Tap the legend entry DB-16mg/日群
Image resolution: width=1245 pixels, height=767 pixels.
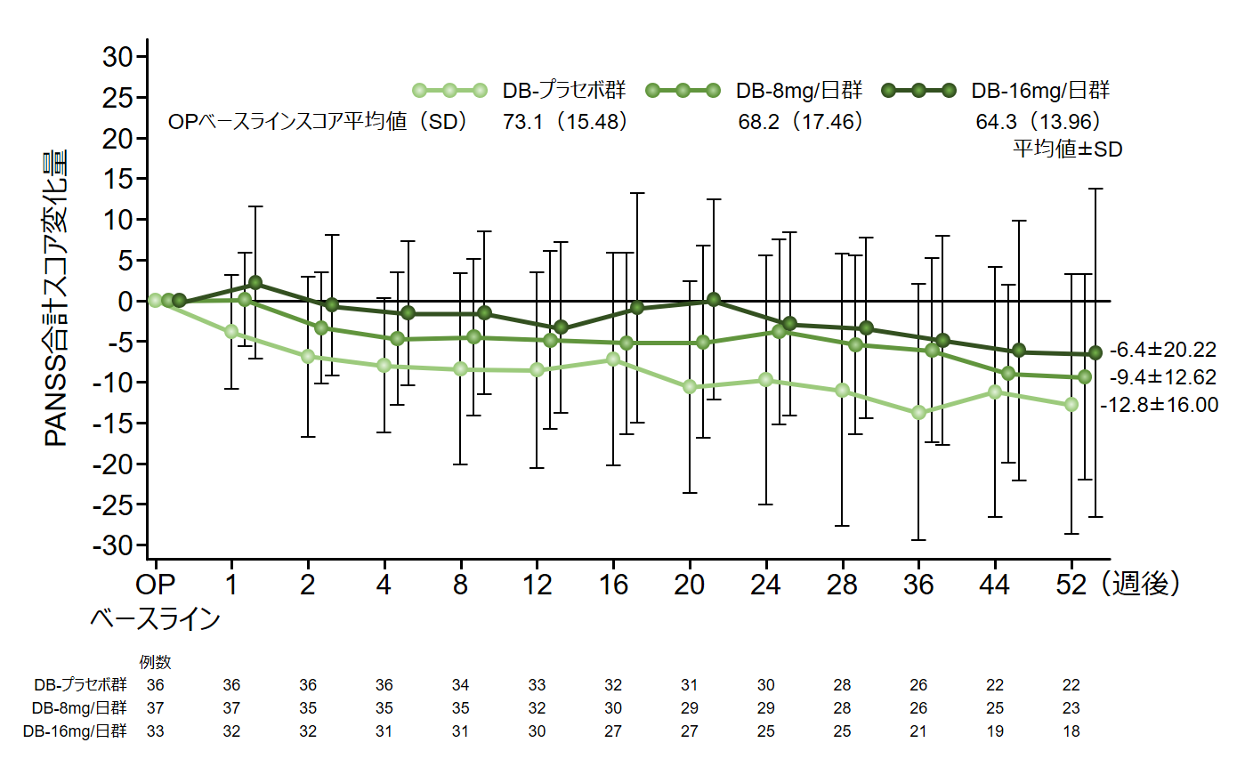[x=1039, y=90]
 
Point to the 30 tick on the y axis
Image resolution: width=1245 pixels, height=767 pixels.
[x=114, y=57]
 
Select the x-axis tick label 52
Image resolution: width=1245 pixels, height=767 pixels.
[x=1071, y=585]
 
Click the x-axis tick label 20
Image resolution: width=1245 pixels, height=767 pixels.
[x=690, y=585]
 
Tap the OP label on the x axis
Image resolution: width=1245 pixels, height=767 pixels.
[x=156, y=585]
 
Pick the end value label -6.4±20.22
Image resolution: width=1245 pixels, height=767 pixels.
[x=1162, y=351]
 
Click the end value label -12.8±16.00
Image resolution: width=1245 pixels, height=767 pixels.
[x=1159, y=405]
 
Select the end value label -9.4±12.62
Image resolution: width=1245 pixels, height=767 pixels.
[x=1162, y=377]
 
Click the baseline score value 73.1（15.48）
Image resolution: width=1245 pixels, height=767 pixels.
[x=566, y=122]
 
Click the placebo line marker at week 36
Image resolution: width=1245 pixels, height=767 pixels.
[x=918, y=413]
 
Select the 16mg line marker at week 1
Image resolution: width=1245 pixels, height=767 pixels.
[x=255, y=283]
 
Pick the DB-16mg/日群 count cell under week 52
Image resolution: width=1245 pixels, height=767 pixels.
[x=1071, y=731]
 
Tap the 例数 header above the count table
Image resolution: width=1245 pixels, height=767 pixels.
[x=156, y=662]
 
